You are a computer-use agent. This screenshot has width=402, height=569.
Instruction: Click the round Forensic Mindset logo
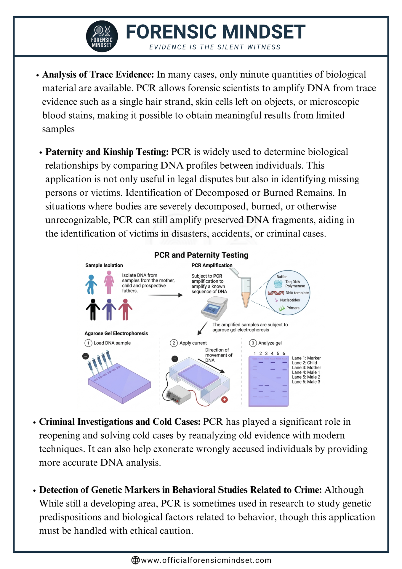click(102, 36)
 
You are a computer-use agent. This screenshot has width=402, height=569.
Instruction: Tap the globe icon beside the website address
click(135, 560)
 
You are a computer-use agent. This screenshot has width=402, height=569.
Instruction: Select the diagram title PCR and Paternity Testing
click(201, 255)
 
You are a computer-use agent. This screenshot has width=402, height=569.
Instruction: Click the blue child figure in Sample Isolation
click(91, 284)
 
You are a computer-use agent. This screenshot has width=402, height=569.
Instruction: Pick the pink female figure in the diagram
click(109, 282)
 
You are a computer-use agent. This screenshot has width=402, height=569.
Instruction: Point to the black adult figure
click(93, 309)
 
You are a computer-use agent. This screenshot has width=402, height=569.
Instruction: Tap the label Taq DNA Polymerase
click(295, 284)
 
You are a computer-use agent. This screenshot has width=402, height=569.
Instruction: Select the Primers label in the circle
click(293, 308)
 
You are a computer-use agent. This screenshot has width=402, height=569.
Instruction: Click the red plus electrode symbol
click(225, 399)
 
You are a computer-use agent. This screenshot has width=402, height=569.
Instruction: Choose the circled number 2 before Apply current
click(173, 343)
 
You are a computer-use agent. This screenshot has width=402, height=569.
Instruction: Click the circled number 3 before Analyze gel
click(252, 343)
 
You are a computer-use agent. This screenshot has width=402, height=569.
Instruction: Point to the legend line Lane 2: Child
click(304, 363)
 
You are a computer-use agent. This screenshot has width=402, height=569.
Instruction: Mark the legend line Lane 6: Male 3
click(306, 382)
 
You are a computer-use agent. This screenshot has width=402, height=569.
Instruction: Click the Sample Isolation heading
click(104, 265)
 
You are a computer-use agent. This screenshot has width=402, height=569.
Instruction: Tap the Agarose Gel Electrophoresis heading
click(116, 333)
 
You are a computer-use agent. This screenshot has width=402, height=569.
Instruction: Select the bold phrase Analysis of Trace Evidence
click(98, 74)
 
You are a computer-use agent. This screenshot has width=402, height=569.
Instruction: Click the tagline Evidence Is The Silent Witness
click(215, 47)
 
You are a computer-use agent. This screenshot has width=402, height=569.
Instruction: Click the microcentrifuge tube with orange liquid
click(246, 292)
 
